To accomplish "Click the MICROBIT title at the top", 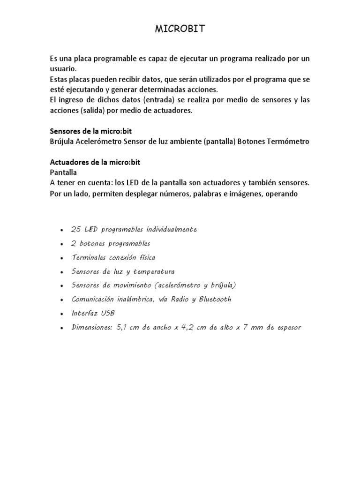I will point(180,30).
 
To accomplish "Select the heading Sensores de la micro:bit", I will point(88,132).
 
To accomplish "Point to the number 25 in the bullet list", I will point(76,229).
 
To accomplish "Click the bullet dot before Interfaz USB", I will point(62,314).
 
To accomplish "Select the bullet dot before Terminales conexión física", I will point(62,258).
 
